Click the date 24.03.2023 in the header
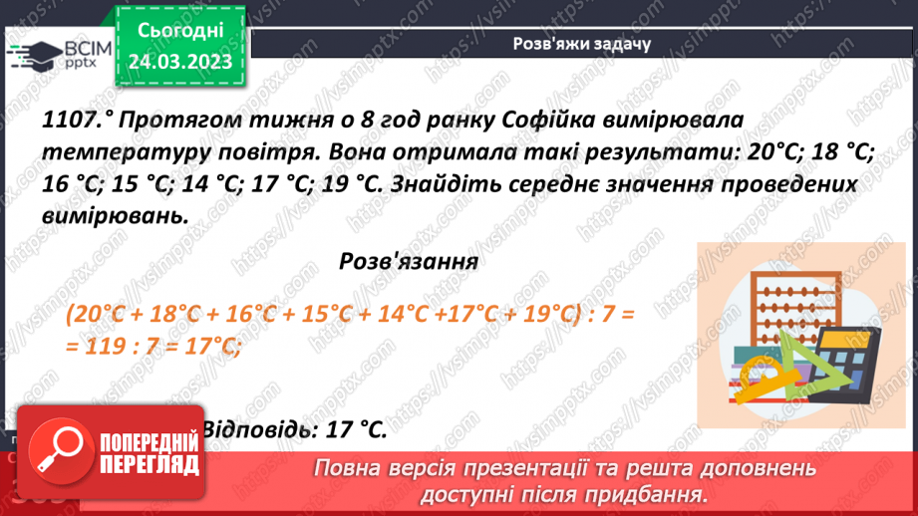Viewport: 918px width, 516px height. tap(179, 62)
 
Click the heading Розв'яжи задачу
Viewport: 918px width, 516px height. tap(581, 44)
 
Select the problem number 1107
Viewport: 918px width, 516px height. tap(75, 122)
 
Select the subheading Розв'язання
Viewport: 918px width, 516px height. tap(409, 263)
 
